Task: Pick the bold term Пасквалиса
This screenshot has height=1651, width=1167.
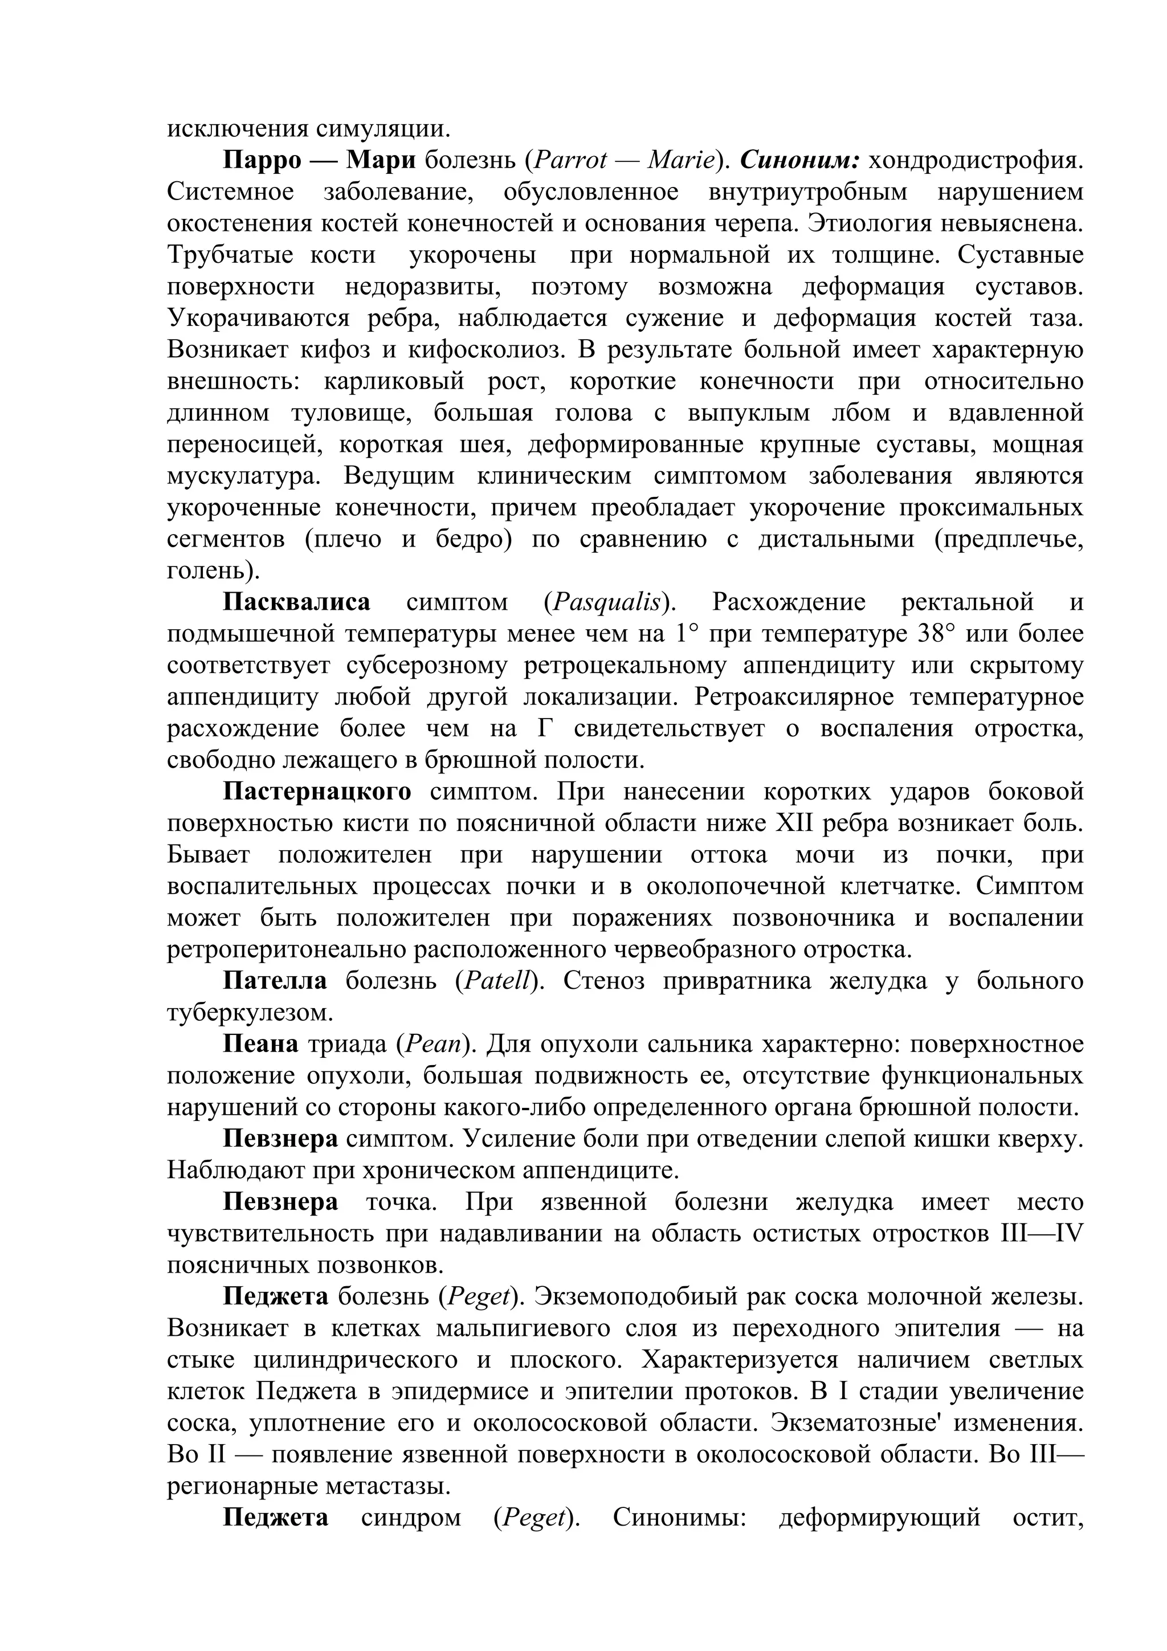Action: click(x=296, y=602)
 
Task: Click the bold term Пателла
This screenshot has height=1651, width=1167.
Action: click(x=275, y=981)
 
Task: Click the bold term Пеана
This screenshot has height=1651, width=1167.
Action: click(x=260, y=1044)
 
